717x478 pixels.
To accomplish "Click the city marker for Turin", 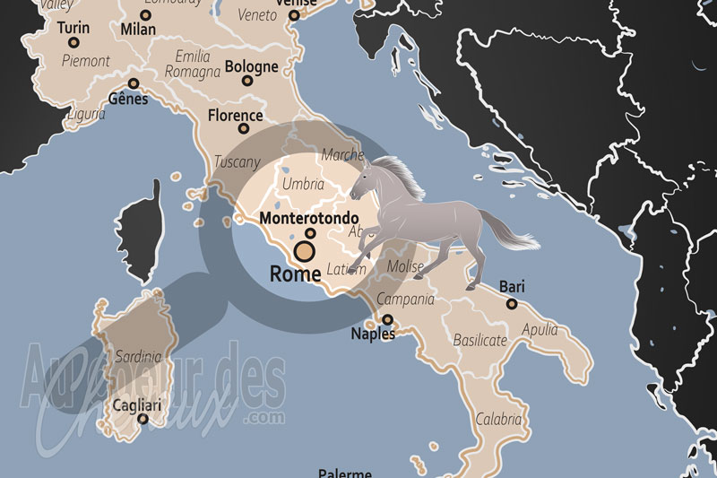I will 73,42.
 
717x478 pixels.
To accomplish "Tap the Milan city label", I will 137,30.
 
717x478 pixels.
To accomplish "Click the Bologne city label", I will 251,66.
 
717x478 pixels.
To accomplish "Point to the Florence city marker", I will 243,128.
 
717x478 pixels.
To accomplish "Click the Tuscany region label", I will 238,162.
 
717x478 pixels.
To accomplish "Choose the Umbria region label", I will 303,184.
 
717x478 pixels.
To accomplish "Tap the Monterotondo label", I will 308,218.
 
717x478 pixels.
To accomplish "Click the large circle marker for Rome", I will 305,250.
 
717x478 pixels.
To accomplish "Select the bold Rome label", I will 295,274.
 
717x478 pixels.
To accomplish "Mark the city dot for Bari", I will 511,304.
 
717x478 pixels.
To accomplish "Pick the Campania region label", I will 405,300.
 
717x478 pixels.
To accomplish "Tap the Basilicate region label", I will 479,340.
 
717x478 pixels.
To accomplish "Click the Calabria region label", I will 498,418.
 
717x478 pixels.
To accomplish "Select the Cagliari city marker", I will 142,419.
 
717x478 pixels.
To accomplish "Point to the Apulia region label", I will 539,328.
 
